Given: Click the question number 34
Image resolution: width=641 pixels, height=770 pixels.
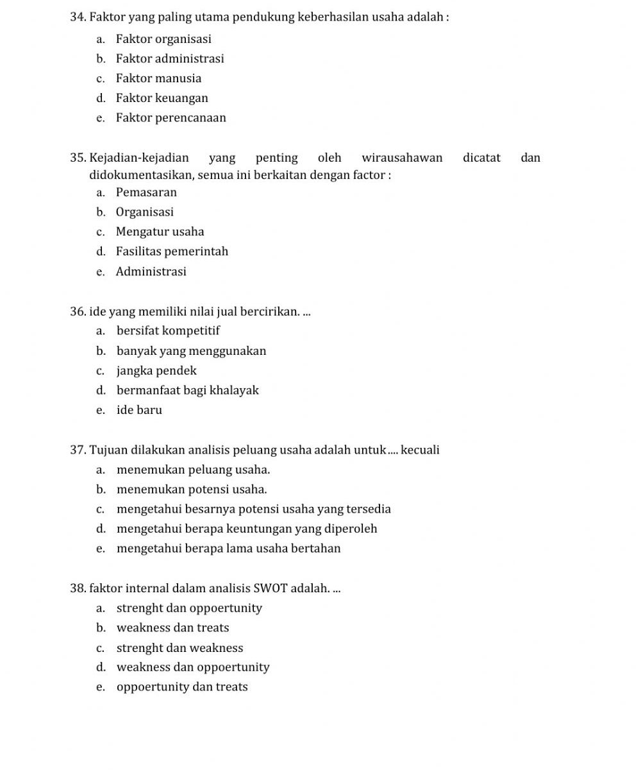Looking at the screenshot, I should (78, 17).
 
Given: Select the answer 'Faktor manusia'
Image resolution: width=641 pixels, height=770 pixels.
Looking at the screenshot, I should (158, 78).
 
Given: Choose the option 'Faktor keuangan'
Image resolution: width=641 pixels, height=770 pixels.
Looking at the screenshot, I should (162, 98).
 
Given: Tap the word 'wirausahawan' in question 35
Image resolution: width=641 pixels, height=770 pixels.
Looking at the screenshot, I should (402, 158).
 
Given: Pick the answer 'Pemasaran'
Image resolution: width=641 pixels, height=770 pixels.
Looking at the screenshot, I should (146, 193).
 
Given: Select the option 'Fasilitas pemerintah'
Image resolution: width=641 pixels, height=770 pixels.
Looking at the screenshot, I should (172, 252).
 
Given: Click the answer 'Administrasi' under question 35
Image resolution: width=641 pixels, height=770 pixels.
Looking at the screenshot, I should (151, 271).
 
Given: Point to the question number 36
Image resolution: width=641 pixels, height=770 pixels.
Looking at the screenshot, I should (78, 312).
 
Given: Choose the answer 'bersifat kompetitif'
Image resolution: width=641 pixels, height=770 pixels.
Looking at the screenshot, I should (168, 331).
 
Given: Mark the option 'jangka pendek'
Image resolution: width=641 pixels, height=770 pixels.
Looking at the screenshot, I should (156, 371).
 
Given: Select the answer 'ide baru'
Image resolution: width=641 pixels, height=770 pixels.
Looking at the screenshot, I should (139, 410).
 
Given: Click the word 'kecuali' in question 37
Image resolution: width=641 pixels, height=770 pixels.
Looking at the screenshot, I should (420, 450).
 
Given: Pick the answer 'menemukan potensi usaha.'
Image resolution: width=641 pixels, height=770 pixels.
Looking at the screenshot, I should (192, 490).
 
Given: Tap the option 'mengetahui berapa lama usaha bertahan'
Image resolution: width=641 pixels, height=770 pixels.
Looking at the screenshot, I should (229, 549).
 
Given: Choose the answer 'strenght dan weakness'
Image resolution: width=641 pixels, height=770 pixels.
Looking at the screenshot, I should (179, 648).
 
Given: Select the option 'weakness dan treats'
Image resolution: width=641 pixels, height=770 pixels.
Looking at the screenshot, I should (172, 628).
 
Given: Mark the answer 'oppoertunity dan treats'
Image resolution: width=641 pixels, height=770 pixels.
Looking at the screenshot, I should (182, 687).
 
